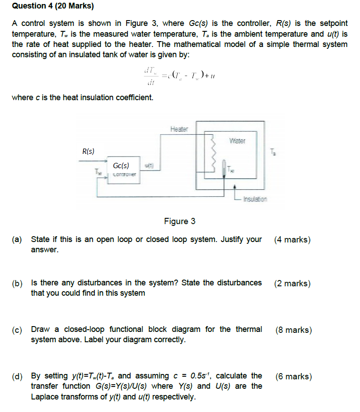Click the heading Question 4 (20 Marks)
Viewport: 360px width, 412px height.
53,6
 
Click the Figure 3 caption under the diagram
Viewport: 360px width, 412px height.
180,221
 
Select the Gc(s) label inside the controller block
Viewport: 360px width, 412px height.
121,166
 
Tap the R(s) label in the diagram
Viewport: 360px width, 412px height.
88,152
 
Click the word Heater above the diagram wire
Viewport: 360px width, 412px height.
179,129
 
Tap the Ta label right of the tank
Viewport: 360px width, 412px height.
274,153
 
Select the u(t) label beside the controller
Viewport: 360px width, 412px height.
147,166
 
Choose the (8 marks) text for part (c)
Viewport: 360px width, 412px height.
293,330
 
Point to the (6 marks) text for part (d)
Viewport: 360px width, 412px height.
293,377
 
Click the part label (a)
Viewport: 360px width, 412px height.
17,239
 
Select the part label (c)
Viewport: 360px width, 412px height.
17,330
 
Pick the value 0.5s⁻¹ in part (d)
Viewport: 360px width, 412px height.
204,376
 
